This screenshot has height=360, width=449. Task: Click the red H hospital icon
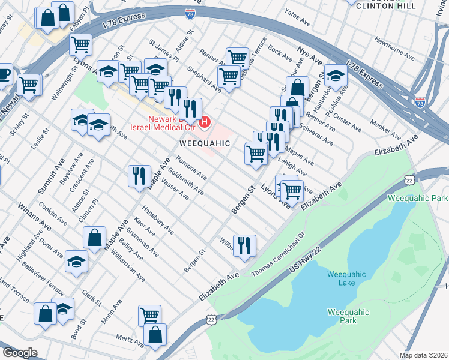pyautogui.click(x=205, y=122)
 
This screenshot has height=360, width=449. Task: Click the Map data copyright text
pyautogui.click(x=424, y=355)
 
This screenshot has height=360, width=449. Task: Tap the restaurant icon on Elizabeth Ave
pyautogui.click(x=244, y=245)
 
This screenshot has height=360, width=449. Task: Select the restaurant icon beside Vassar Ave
pyautogui.click(x=139, y=176)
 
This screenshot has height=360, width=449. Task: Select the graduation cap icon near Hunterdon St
pyautogui.click(x=336, y=75)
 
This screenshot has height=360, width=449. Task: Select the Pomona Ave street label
pyautogui.click(x=191, y=169)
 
